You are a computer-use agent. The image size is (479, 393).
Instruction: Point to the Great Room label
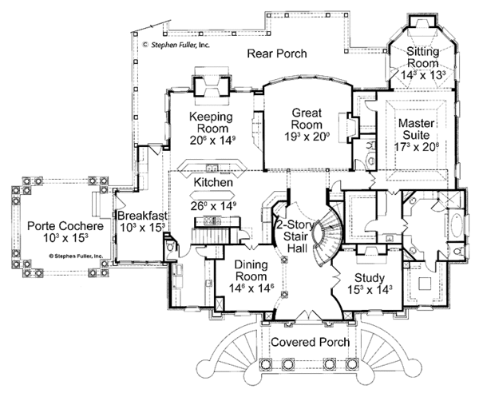tap(306, 119)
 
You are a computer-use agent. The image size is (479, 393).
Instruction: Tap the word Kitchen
tap(213, 182)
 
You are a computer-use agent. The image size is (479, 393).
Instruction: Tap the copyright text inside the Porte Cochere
tap(77, 256)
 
